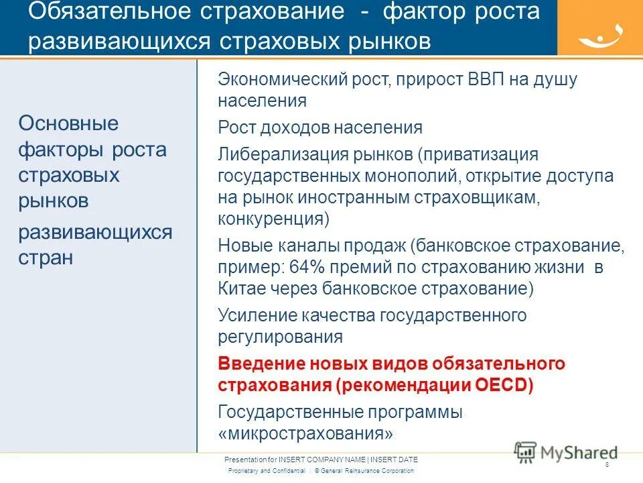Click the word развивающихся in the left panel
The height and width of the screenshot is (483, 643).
click(x=95, y=232)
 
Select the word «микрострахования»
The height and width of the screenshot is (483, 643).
click(x=305, y=433)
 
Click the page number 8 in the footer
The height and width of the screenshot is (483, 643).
click(x=607, y=465)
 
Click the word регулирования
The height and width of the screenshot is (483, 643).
click(x=281, y=337)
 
